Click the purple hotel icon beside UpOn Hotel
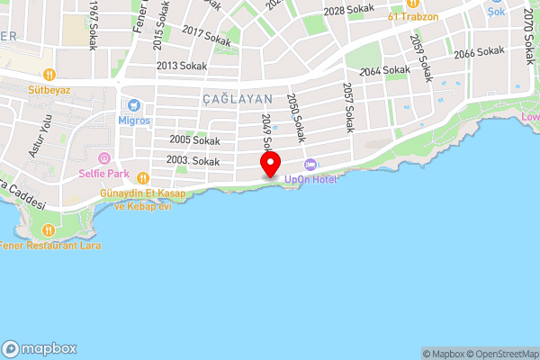coord(310,165)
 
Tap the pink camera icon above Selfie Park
coord(103,158)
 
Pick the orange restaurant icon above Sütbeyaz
coord(49,75)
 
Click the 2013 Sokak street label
coord(182,66)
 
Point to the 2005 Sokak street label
coord(194,140)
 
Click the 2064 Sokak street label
coord(384,70)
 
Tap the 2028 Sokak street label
coord(347,11)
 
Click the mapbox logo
coord(40,349)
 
